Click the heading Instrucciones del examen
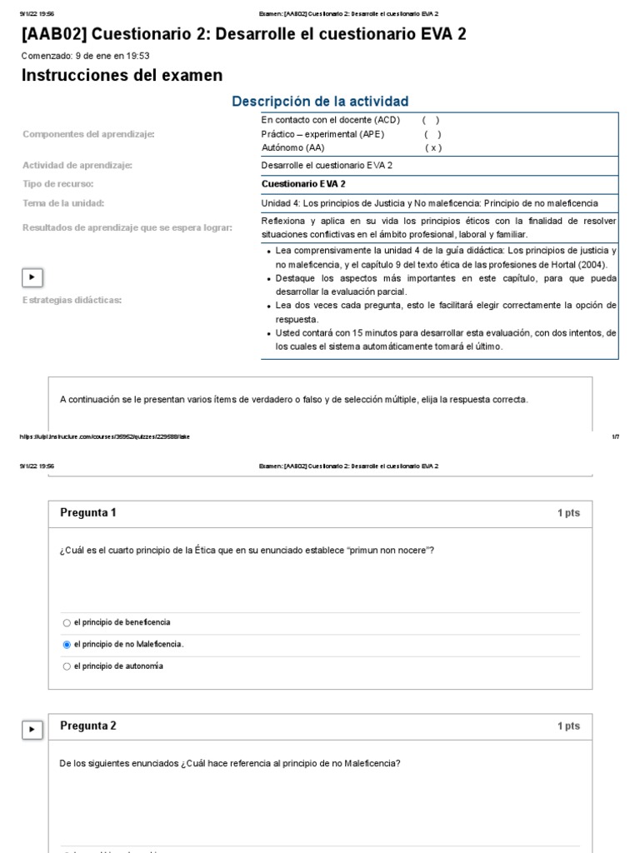[122, 76]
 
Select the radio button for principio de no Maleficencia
[67, 645]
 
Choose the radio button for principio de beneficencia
[67, 622]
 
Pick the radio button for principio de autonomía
[67, 666]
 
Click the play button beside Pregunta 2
[32, 730]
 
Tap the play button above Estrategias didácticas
[32, 277]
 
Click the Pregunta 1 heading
[88, 513]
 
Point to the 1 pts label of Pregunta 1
[568, 513]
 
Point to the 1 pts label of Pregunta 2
[568, 726]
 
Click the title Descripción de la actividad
[320, 102]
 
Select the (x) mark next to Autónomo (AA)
[433, 147]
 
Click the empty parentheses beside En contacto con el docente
[431, 120]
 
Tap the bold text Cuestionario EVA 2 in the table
[303, 183]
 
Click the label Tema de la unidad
[63, 202]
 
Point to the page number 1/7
[615, 436]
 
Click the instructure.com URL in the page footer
[104, 436]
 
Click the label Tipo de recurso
[58, 183]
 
